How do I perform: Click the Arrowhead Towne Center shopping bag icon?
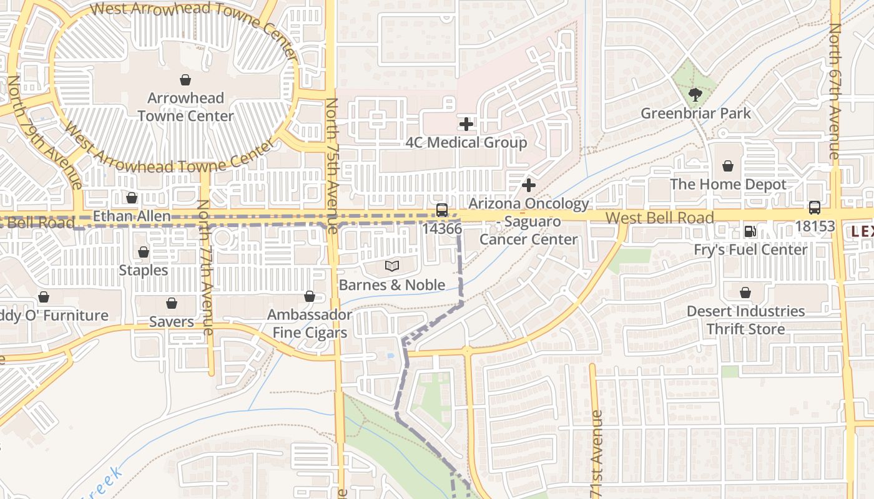click(185, 80)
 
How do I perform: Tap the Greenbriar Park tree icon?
click(694, 95)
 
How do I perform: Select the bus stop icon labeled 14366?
click(442, 210)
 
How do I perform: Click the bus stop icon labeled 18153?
click(814, 208)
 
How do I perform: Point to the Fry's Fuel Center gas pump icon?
click(750, 231)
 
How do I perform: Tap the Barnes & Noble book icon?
click(391, 266)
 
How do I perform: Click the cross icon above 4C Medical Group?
click(466, 124)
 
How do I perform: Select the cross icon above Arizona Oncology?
click(529, 185)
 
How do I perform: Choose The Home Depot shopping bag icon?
click(728, 166)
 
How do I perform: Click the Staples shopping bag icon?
click(144, 252)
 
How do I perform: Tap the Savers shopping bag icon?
click(172, 303)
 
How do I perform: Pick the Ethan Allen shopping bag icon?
click(132, 198)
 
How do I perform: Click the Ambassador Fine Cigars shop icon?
click(310, 296)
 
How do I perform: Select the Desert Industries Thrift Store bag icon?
click(745, 293)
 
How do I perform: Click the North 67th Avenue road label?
click(835, 90)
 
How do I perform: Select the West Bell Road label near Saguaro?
click(660, 218)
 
